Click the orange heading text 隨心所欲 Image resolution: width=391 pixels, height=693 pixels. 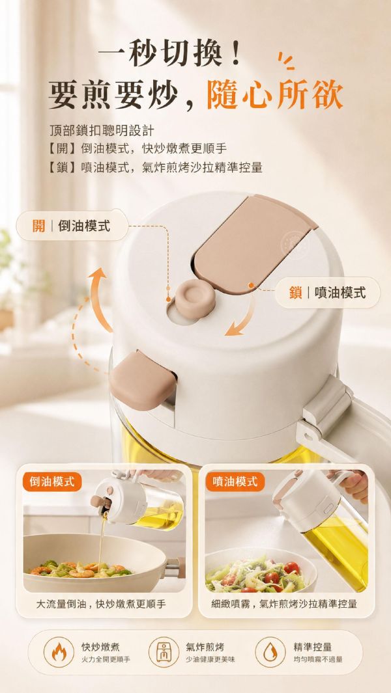pyautogui.click(x=275, y=94)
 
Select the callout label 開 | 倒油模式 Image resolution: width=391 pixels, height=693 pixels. pyautogui.click(x=72, y=225)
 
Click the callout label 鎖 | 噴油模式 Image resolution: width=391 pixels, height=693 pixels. pyautogui.click(x=328, y=292)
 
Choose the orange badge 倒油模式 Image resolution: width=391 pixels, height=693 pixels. pyautogui.click(x=52, y=482)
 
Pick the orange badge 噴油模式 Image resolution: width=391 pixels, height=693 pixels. pyautogui.click(x=235, y=482)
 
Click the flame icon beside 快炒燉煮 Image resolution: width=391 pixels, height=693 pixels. pyautogui.click(x=59, y=652)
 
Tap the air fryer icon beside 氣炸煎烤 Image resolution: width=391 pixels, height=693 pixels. pyautogui.click(x=164, y=652)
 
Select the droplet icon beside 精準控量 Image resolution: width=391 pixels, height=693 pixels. pyautogui.click(x=270, y=652)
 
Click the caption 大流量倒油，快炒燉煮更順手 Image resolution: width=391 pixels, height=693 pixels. pyautogui.click(x=101, y=604)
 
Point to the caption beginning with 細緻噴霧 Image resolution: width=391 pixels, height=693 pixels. pyautogui.click(x=284, y=604)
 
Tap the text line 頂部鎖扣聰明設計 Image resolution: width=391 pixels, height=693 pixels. pyautogui.click(x=102, y=131)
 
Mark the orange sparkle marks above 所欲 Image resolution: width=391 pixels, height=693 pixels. pyautogui.click(x=286, y=61)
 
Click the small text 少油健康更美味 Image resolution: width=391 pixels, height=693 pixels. pyautogui.click(x=210, y=659)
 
